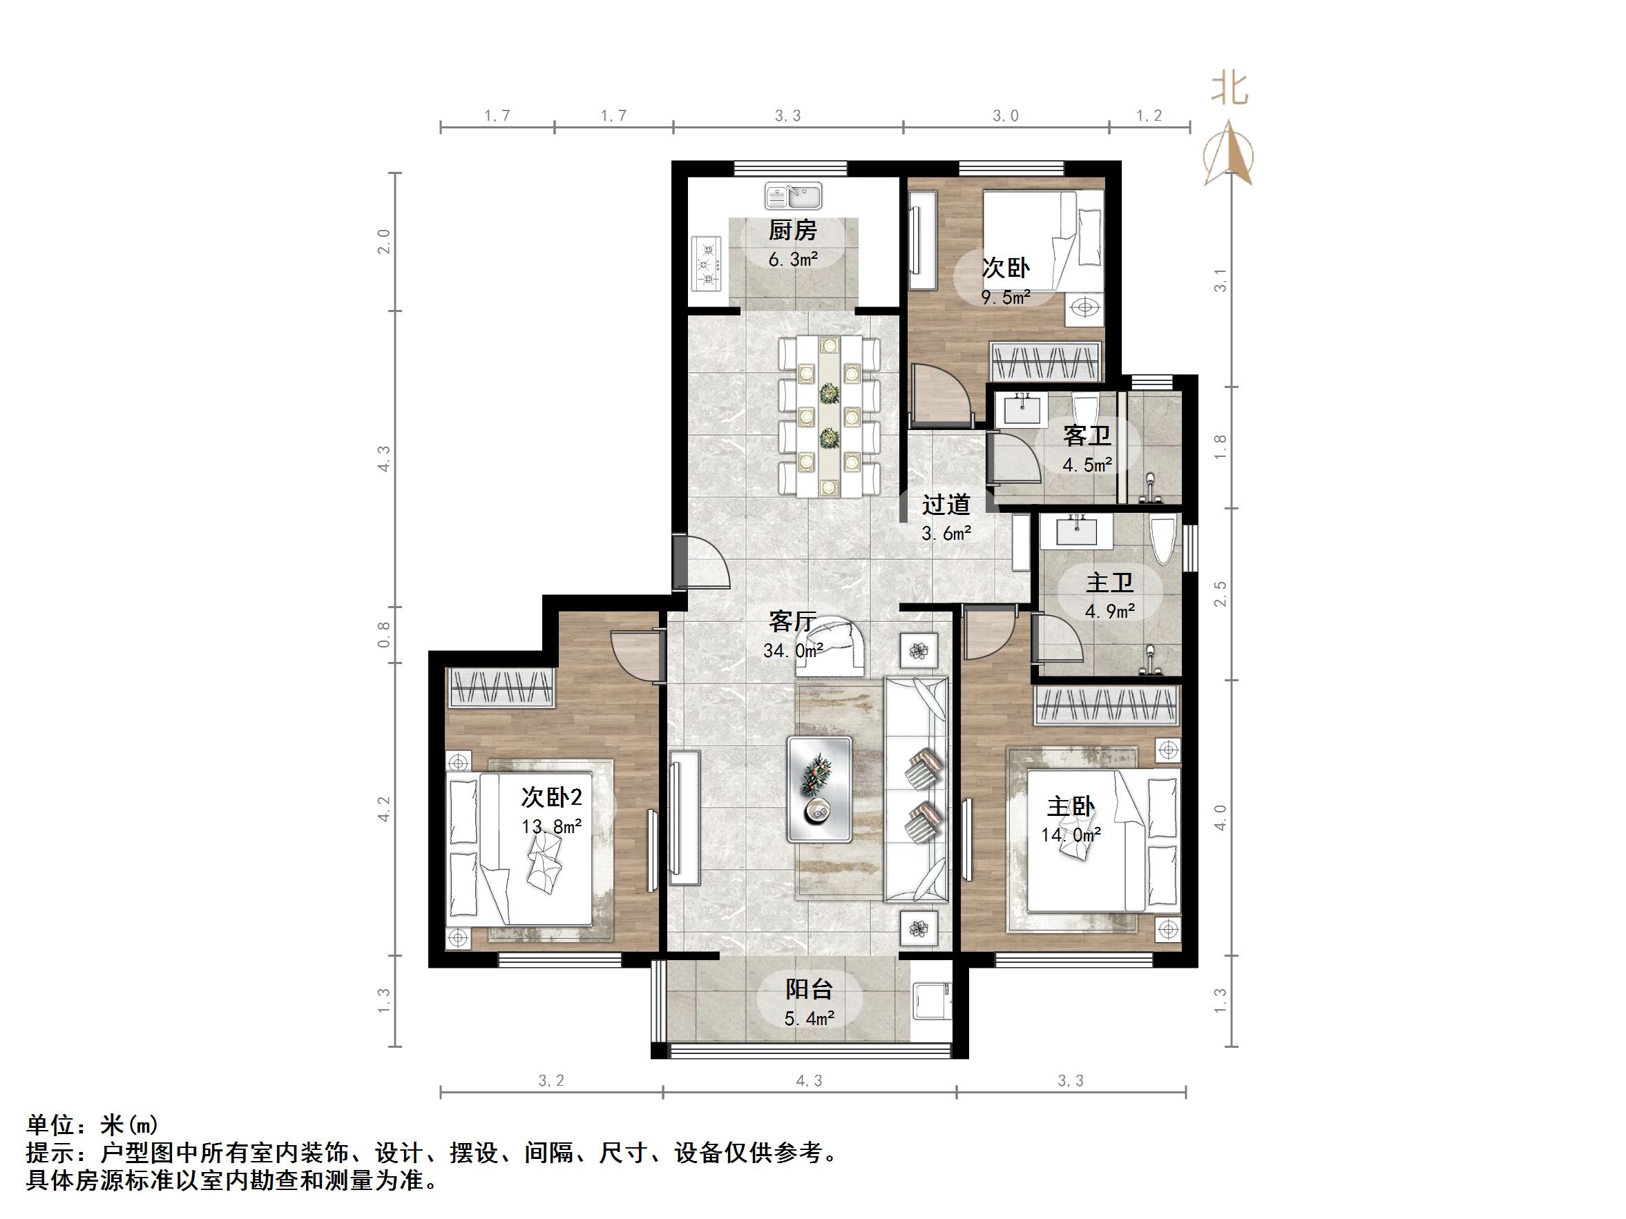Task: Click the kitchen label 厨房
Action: (792, 231)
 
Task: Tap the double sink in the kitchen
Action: (793, 197)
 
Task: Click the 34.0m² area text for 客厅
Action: (792, 651)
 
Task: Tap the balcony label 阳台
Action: (809, 989)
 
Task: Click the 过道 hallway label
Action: (946, 505)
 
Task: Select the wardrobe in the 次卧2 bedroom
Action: (501, 687)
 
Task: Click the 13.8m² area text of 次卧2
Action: (551, 827)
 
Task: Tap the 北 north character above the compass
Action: (1230, 90)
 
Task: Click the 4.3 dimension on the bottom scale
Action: (809, 1081)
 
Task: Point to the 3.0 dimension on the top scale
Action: (1005, 116)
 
